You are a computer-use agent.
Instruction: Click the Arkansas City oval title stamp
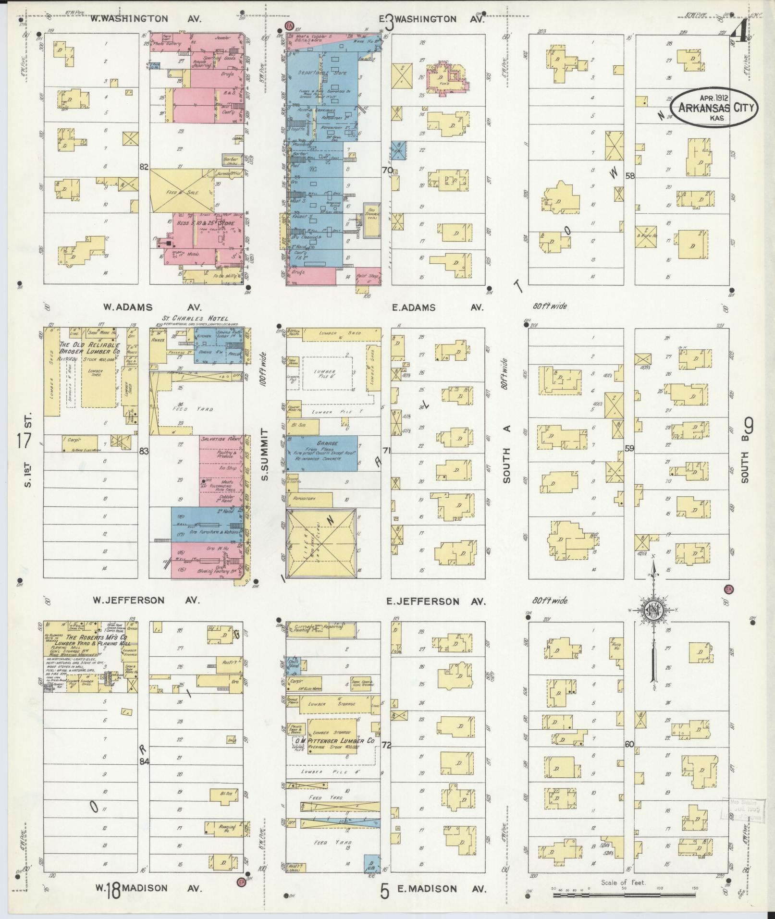[x=713, y=108]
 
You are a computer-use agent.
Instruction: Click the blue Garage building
[x=322, y=453]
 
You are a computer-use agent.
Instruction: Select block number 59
[x=629, y=448]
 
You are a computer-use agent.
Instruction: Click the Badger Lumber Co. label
[x=90, y=351]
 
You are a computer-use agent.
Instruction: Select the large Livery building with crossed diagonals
[x=321, y=542]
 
